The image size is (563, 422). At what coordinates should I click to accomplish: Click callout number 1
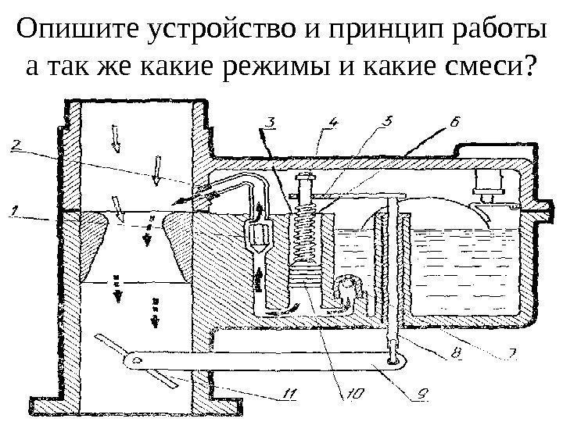click(x=13, y=209)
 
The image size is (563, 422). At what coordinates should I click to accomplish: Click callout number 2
click(x=17, y=143)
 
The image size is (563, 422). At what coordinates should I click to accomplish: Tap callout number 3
click(x=268, y=122)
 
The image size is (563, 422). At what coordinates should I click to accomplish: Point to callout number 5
click(x=387, y=122)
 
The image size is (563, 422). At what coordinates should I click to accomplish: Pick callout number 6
click(x=456, y=123)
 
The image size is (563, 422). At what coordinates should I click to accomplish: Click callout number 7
click(x=511, y=352)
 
